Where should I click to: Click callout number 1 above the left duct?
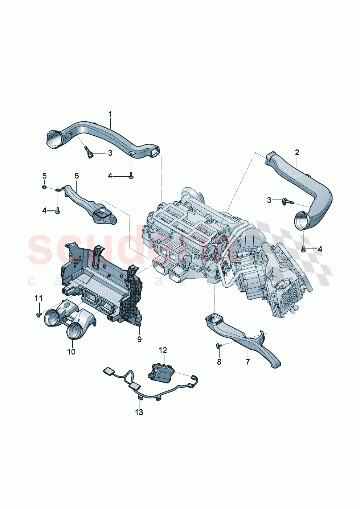(x=110, y=115)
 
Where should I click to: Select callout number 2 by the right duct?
(x=297, y=153)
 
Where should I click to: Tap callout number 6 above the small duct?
(x=77, y=176)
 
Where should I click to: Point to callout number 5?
(x=44, y=176)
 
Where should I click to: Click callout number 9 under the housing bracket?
(x=139, y=339)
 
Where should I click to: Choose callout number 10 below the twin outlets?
(x=71, y=352)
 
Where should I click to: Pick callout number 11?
(x=38, y=298)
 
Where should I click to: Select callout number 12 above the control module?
(x=163, y=350)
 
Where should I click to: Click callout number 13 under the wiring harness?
(x=139, y=412)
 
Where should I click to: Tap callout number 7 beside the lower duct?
(x=248, y=362)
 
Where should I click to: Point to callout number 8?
(x=219, y=362)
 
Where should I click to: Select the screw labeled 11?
(x=38, y=315)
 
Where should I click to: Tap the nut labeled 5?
(x=43, y=187)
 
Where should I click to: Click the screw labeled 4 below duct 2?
(x=303, y=249)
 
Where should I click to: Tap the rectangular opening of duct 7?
(x=214, y=320)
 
